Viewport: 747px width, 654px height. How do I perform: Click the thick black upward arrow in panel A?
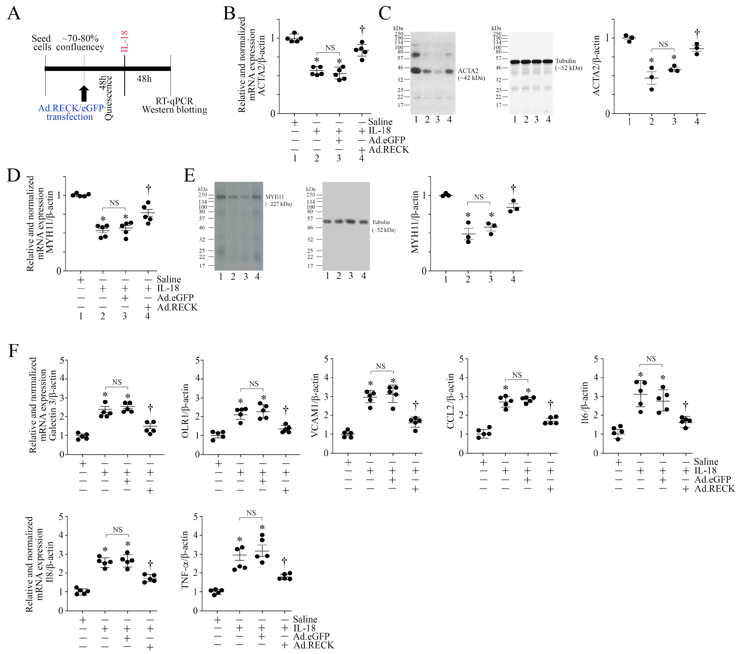click(x=84, y=94)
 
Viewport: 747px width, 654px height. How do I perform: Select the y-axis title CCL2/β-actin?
click(x=450, y=401)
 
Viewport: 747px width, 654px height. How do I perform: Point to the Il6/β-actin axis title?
click(x=585, y=403)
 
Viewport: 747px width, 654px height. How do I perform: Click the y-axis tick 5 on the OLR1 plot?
click(x=198, y=361)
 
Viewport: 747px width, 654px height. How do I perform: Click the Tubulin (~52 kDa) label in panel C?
click(x=568, y=64)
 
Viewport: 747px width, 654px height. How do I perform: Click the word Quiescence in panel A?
click(x=108, y=98)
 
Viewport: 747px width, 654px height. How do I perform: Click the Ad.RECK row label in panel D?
click(x=177, y=307)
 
